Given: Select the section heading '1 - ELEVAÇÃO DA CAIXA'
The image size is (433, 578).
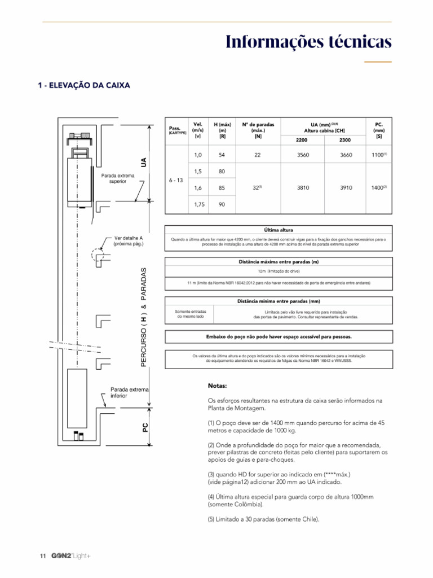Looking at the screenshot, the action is pyautogui.click(x=84, y=86).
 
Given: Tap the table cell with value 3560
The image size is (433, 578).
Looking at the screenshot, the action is pyautogui.click(x=303, y=154).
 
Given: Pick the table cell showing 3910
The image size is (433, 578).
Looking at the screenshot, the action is pyautogui.click(x=345, y=187).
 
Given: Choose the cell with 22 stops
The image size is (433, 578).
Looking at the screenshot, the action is pyautogui.click(x=258, y=154).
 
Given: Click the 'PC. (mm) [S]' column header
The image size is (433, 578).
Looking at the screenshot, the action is pyautogui.click(x=379, y=129).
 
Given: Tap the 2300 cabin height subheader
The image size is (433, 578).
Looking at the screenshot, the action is pyautogui.click(x=345, y=139).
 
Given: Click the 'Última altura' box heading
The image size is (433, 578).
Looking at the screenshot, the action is pyautogui.click(x=279, y=230).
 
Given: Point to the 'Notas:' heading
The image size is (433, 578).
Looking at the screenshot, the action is pyautogui.click(x=218, y=387).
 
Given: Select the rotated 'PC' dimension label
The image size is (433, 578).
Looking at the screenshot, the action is pyautogui.click(x=145, y=428).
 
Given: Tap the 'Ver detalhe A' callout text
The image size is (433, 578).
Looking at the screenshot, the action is pyautogui.click(x=129, y=242).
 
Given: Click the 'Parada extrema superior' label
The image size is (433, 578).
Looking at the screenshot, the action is pyautogui.click(x=118, y=178).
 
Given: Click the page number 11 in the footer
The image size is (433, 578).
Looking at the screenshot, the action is pyautogui.click(x=42, y=557).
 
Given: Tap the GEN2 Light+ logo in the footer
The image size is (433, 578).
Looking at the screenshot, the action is pyautogui.click(x=70, y=557).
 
